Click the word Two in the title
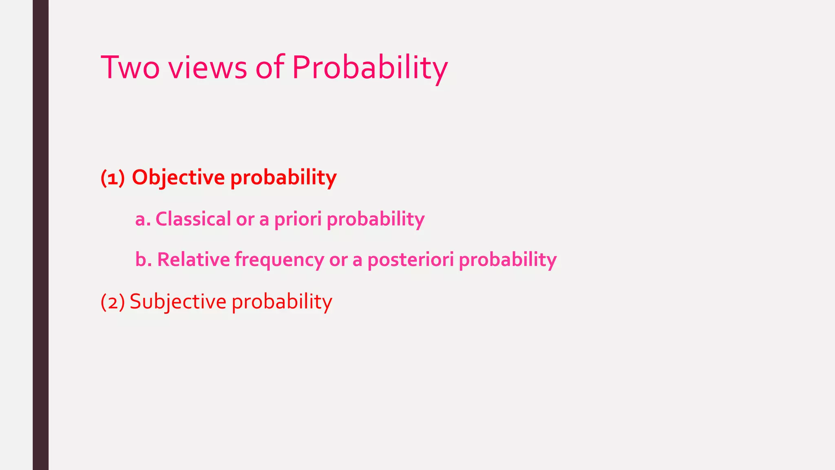coord(130,67)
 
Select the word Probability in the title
coord(370,67)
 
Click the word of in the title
coord(269,67)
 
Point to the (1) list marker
coord(113,178)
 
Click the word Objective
coord(178,178)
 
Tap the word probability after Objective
coord(283,178)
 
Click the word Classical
coord(193,219)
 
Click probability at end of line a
coord(376,219)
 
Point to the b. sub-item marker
coord(144,259)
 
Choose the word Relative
coord(193,259)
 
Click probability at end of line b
coord(508,259)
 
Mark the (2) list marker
coord(113,302)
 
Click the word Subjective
coord(178,302)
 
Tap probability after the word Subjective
coord(282,302)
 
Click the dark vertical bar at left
coord(40,235)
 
